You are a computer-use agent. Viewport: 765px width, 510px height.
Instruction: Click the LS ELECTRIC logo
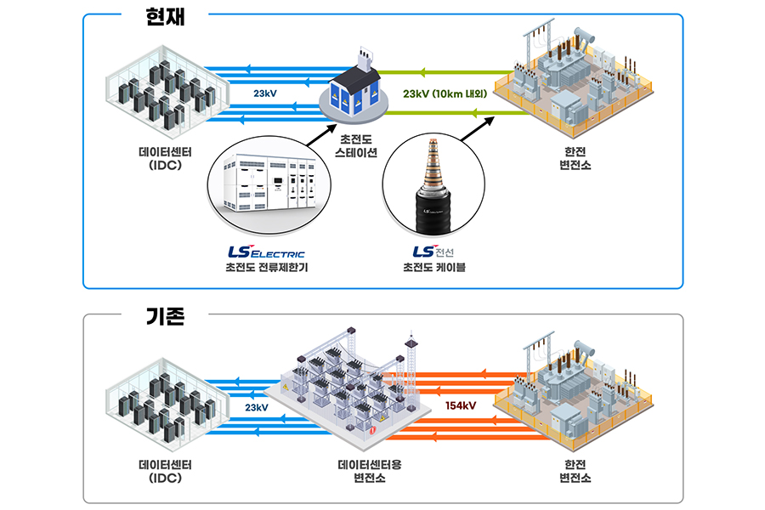[x=266, y=252]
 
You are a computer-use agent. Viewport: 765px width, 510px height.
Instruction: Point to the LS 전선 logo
[x=434, y=252]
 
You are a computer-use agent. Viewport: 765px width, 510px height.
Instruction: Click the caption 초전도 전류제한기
[x=265, y=269]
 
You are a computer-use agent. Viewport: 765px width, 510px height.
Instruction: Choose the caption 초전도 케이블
[x=434, y=269]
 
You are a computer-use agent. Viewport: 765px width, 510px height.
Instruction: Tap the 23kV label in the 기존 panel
[x=256, y=408]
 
